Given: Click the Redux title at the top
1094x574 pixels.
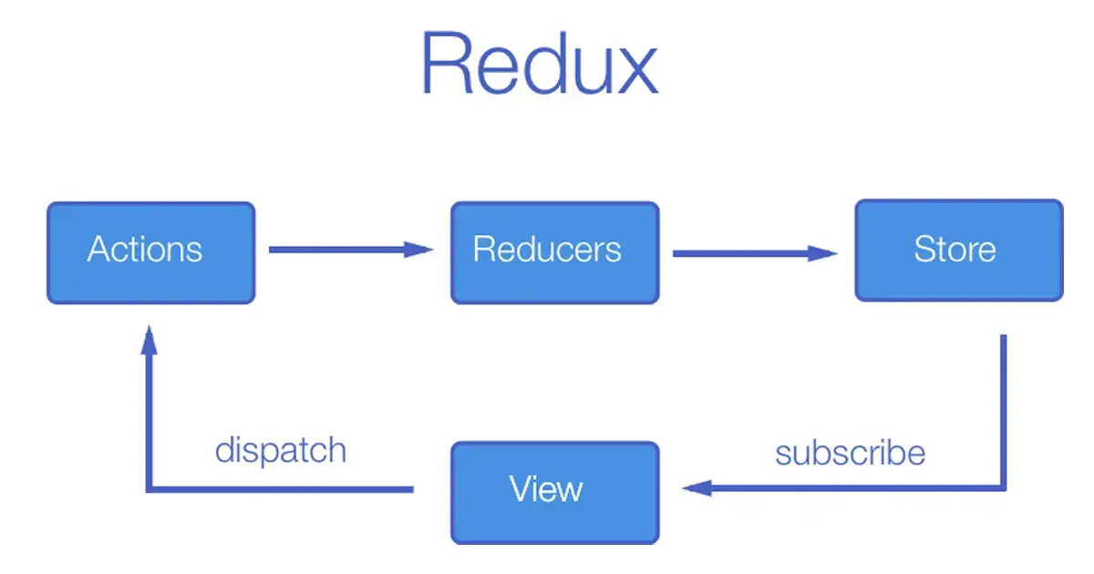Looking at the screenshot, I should pos(539,64).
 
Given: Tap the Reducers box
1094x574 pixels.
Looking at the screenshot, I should pos(554,252).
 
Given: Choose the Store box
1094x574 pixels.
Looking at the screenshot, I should pos(958,250).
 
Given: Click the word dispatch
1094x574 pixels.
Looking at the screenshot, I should pos(281,450).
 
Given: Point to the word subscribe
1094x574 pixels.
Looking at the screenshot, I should pos(850,452).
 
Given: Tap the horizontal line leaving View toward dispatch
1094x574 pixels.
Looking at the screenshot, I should pos(283,489).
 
